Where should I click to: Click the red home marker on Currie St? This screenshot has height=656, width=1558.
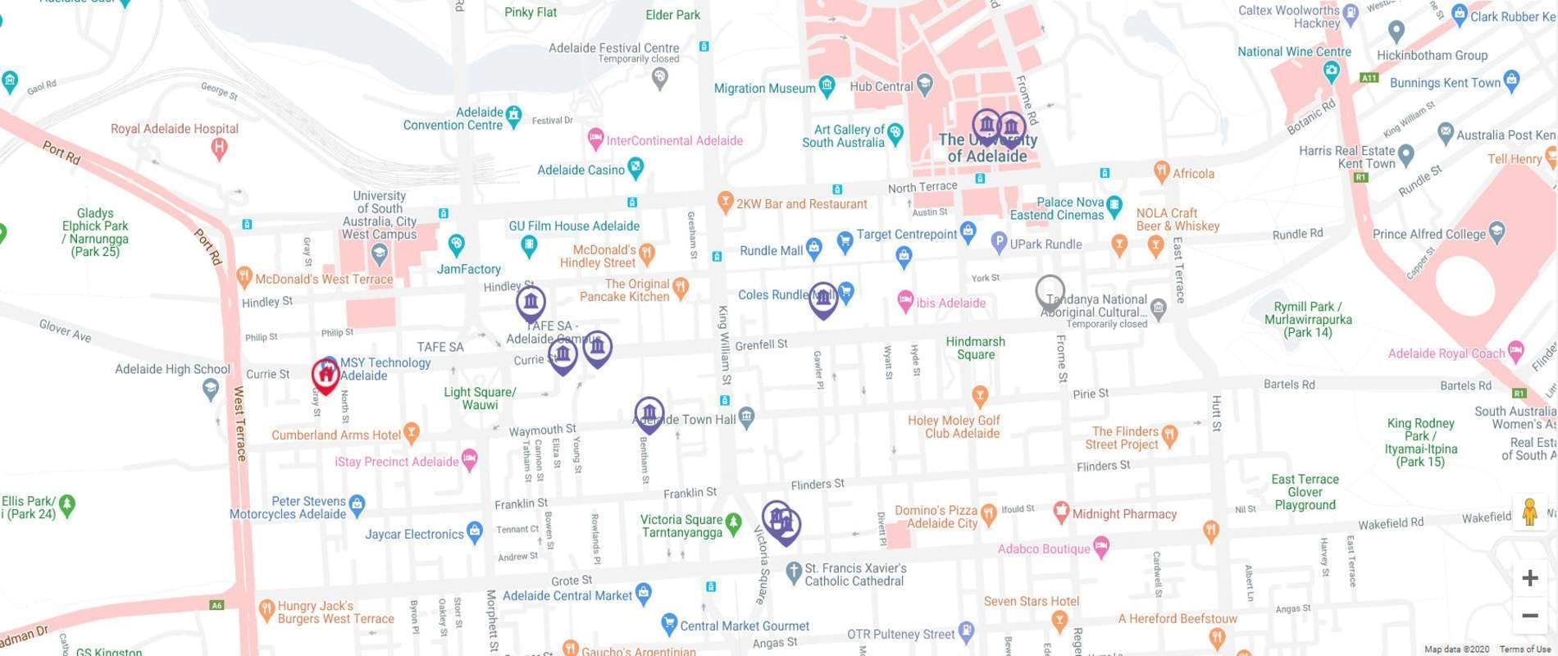[326, 376]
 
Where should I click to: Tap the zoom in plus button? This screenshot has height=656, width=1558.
[1529, 578]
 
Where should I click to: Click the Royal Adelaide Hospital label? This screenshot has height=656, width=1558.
[175, 129]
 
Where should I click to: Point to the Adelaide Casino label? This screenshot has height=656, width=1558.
[581, 170]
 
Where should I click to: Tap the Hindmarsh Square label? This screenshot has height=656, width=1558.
[975, 348]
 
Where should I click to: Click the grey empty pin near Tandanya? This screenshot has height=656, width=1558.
[1050, 292]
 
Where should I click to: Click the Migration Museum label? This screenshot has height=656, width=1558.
[764, 89]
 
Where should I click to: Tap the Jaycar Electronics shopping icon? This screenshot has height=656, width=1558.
[474, 531]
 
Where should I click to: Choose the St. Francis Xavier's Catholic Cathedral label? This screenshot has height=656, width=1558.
[855, 574]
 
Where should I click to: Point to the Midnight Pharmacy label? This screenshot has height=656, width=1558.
[1124, 514]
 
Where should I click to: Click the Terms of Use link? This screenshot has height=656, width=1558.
[1526, 649]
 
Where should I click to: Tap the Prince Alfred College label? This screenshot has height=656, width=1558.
[1428, 234]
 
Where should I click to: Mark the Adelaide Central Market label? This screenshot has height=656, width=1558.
[567, 595]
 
